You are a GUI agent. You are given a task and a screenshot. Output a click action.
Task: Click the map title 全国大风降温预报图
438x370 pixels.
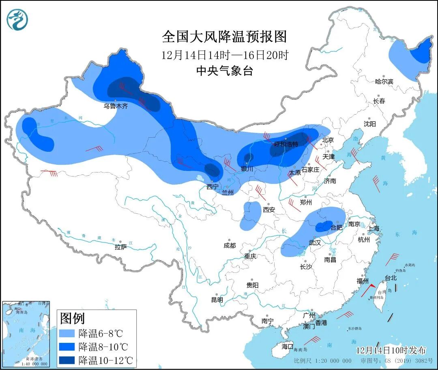point(224,37)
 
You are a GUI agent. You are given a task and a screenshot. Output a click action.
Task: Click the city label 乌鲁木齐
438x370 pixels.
point(115,106)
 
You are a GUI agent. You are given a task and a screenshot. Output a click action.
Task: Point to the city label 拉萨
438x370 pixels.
point(121,247)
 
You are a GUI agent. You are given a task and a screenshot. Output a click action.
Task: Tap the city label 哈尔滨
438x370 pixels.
point(384,82)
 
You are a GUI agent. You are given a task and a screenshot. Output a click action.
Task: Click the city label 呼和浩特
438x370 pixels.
point(286,144)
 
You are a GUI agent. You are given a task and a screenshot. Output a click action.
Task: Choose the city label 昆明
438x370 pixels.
point(217,300)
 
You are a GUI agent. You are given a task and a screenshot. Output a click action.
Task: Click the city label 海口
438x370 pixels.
point(287,347)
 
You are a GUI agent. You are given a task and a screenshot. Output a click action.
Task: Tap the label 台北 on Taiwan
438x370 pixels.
point(390,278)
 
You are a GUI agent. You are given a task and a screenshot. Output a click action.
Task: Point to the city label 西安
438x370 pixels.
point(268,210)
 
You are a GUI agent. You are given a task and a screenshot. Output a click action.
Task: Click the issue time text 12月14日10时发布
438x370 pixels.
point(391,350)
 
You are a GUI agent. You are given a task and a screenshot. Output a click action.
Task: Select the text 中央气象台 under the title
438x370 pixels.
point(224,71)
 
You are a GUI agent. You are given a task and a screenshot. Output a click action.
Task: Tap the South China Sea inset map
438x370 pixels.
point(26,334)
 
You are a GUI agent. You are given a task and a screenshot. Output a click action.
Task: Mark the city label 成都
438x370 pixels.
point(229,245)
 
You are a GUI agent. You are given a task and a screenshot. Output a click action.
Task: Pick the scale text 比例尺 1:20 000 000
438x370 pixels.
point(323,361)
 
